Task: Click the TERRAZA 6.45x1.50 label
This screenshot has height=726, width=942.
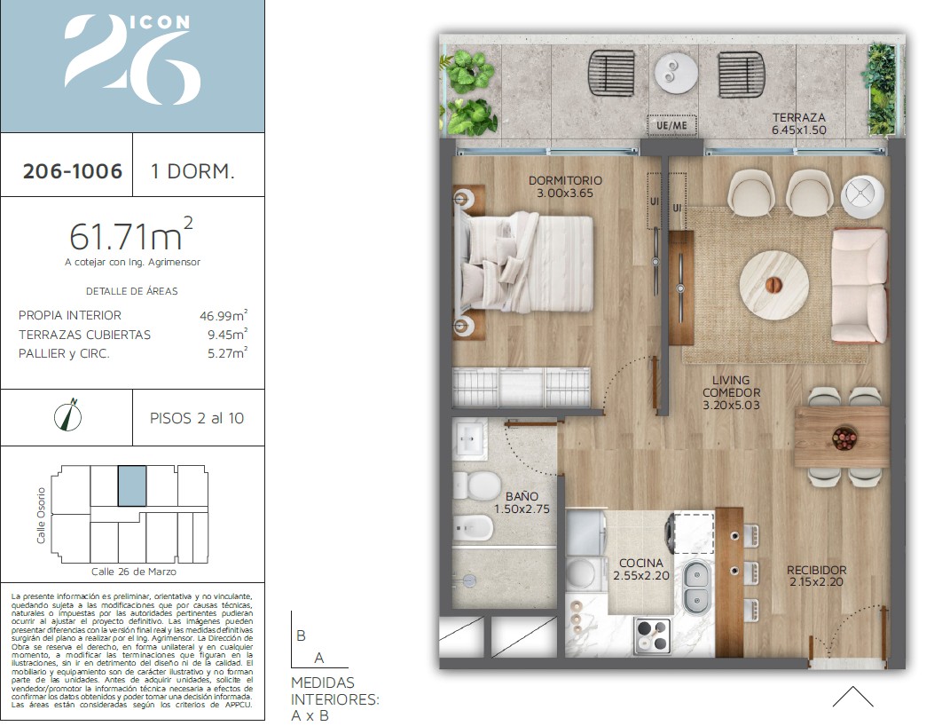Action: tap(798, 123)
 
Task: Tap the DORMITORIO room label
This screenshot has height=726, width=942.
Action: tap(565, 180)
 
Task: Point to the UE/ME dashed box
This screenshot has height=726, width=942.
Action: tap(671, 126)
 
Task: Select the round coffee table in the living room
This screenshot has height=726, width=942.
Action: tap(773, 285)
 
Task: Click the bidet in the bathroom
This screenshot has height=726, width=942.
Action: tap(473, 529)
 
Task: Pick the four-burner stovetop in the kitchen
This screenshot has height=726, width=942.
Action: tap(653, 635)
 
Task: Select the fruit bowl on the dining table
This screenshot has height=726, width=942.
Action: tap(844, 438)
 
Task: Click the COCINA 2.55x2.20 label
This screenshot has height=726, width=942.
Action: tap(641, 569)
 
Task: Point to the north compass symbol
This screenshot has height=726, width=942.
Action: tap(68, 415)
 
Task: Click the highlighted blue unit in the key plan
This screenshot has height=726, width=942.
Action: tap(132, 485)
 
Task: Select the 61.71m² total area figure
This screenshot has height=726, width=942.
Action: tap(131, 235)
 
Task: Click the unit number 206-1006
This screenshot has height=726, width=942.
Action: tap(73, 171)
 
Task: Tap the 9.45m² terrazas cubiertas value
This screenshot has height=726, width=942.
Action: tap(227, 334)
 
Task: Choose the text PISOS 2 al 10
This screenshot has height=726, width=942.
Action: tap(197, 418)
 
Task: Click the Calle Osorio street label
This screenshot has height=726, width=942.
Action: tap(41, 515)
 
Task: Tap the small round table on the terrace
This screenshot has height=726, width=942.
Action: tap(676, 75)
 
